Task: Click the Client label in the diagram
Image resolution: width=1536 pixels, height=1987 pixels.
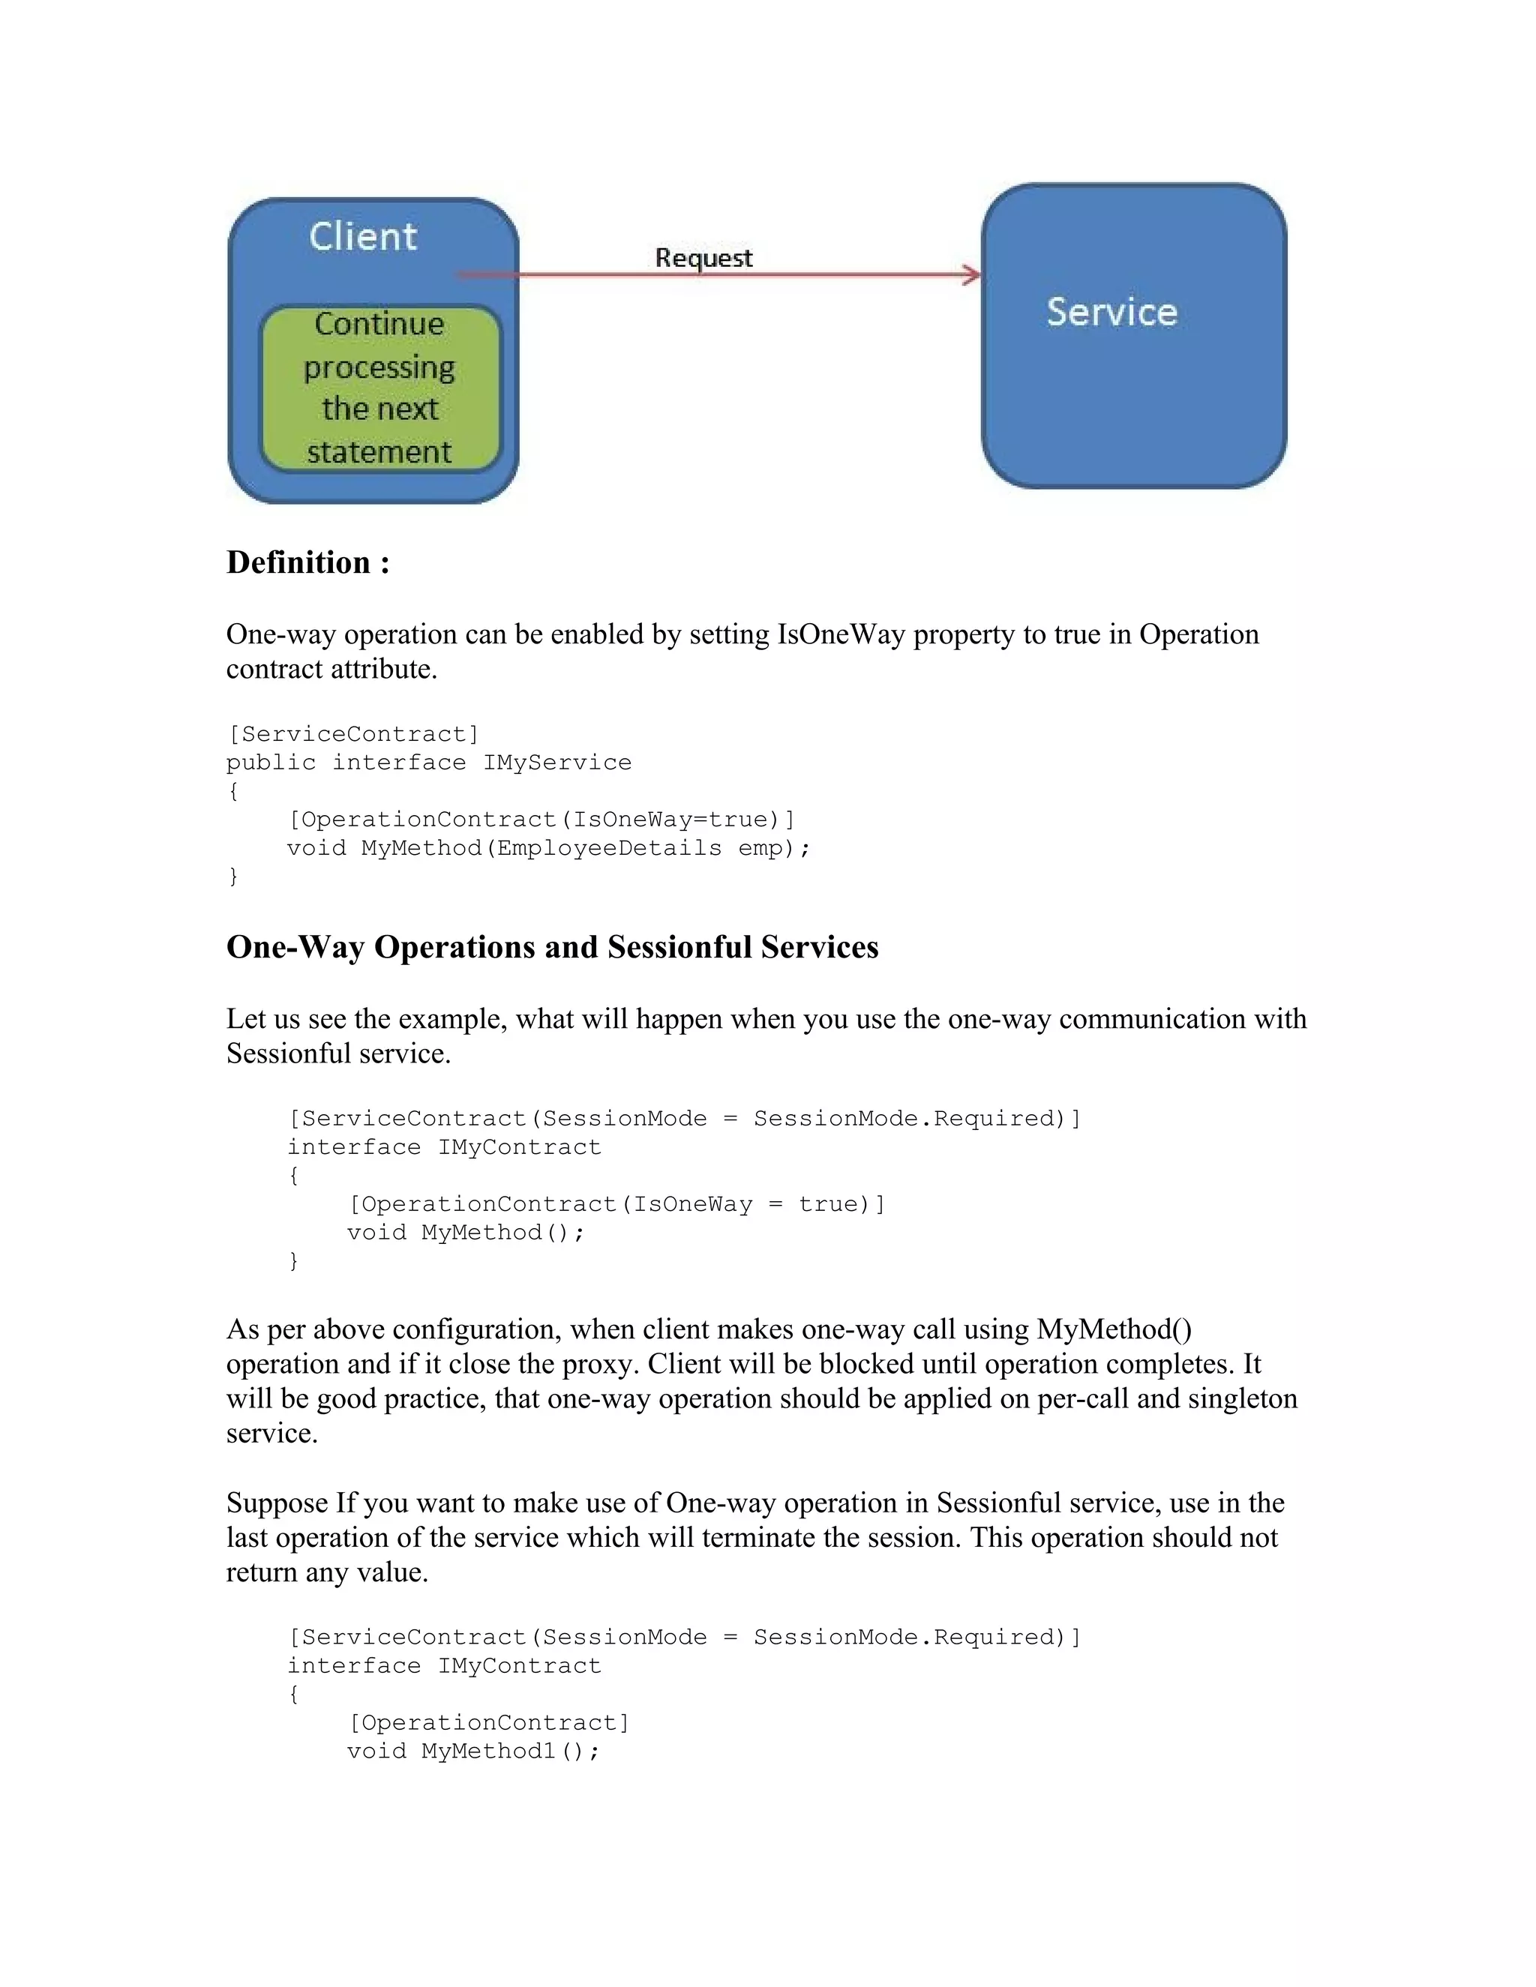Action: coord(362,236)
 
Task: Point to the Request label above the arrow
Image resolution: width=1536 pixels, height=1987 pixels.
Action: coord(703,259)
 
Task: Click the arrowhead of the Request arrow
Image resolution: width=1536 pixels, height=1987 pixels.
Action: coord(973,274)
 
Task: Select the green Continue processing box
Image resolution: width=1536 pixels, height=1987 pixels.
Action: coord(379,388)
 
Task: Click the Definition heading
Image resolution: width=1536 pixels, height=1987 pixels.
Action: coord(307,562)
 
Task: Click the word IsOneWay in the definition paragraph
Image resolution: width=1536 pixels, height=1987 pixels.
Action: coord(841,634)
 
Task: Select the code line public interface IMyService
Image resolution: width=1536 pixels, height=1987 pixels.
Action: coord(428,763)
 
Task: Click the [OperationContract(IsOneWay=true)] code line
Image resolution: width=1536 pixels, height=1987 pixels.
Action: coord(541,820)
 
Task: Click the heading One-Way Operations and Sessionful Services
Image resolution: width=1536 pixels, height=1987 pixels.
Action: coord(551,947)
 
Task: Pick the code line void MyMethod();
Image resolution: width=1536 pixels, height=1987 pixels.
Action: coord(465,1233)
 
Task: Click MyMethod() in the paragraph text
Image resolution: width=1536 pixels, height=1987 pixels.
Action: coord(1114,1329)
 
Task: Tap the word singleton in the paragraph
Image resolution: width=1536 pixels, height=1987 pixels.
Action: coord(1242,1398)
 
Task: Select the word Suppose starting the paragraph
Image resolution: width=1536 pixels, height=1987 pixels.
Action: coord(277,1503)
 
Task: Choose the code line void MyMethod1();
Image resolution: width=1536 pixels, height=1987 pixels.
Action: coord(473,1752)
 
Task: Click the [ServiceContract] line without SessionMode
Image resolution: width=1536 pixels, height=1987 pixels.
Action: coord(352,734)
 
